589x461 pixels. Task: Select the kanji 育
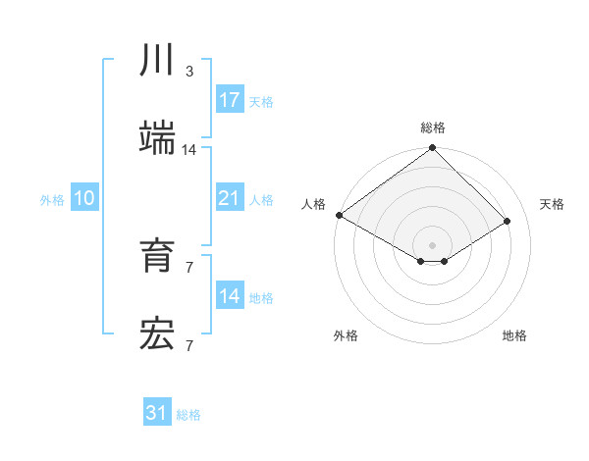pos(158,257)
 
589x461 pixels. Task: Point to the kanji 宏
pos(158,334)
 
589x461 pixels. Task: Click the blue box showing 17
pos(230,100)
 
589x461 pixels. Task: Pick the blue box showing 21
pos(230,198)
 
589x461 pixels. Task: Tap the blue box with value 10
pos(84,198)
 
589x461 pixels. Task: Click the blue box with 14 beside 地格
pos(230,296)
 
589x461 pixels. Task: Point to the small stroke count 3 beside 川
pos(188,72)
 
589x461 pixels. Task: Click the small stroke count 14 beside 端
pos(189,150)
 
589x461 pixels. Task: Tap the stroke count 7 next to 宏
pos(188,345)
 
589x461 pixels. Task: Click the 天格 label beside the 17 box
pos(261,101)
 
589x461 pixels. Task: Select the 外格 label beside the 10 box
pos(52,199)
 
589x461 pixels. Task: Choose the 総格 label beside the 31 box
pos(188,414)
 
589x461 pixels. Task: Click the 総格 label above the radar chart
pos(433,128)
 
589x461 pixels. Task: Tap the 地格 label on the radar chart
pos(514,335)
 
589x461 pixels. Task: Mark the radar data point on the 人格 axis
pos(339,215)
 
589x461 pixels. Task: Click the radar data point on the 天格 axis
pos(508,221)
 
